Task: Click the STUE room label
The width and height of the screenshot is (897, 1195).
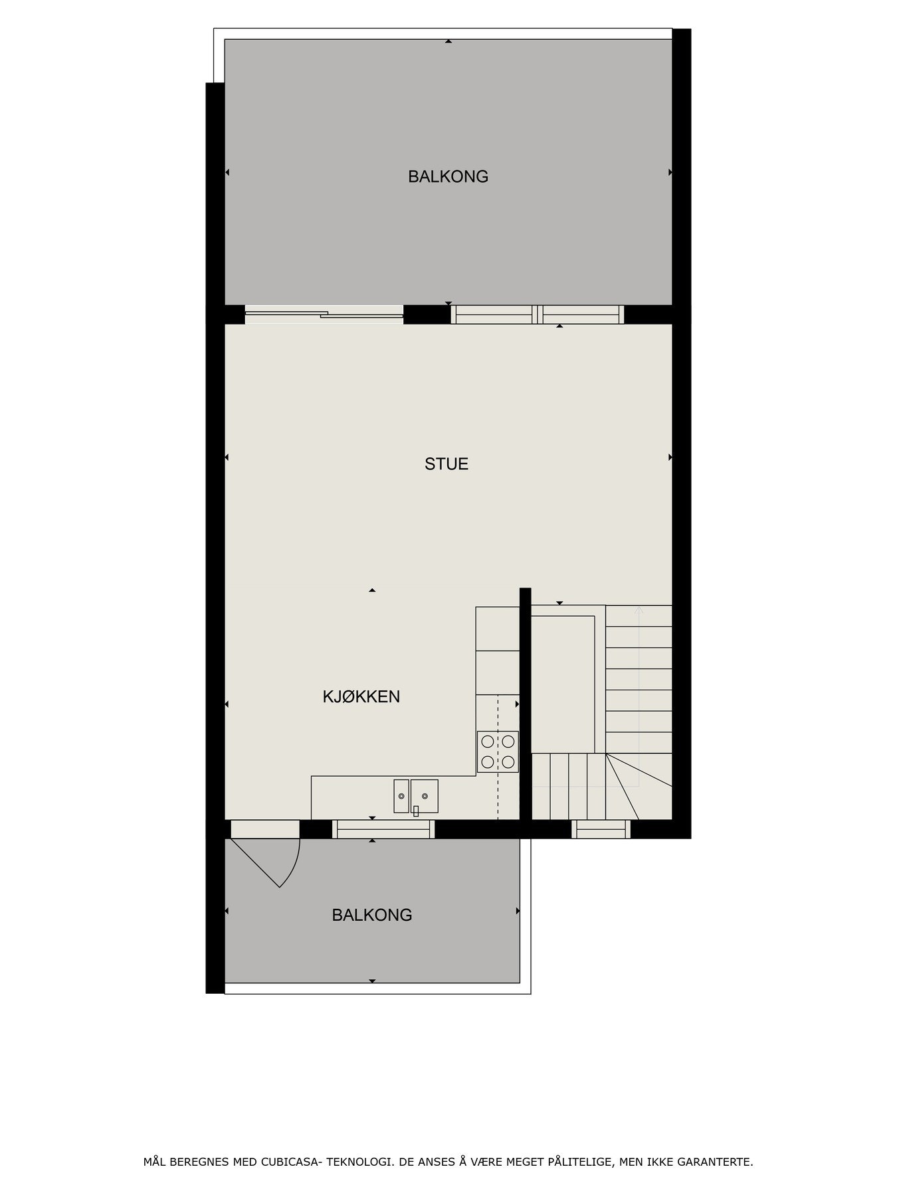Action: pyautogui.click(x=447, y=464)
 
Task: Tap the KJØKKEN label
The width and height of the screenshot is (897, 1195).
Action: pyautogui.click(x=361, y=696)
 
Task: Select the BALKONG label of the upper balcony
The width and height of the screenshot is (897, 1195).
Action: pyautogui.click(x=448, y=177)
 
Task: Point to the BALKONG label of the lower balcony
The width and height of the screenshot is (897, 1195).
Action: pyautogui.click(x=371, y=915)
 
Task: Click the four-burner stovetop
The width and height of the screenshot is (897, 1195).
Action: pyautogui.click(x=498, y=752)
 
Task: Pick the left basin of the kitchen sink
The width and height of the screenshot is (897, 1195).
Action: pyautogui.click(x=401, y=795)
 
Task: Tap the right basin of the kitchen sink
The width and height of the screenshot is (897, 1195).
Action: pyautogui.click(x=425, y=795)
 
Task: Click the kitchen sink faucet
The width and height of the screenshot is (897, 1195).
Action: pyautogui.click(x=416, y=810)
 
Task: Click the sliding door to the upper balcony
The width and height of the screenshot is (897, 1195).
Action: pyautogui.click(x=324, y=314)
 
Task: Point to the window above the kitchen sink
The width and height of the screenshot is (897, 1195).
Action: pyautogui.click(x=383, y=829)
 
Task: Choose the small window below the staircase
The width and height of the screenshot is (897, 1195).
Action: pyautogui.click(x=601, y=829)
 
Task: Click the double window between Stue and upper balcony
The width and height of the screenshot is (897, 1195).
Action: pyautogui.click(x=538, y=314)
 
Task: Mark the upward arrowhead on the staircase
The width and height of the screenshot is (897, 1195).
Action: pyautogui.click(x=639, y=609)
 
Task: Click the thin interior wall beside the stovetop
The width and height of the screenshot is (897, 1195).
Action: pyautogui.click(x=525, y=704)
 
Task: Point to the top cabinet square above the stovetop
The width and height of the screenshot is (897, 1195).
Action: pyautogui.click(x=498, y=628)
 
